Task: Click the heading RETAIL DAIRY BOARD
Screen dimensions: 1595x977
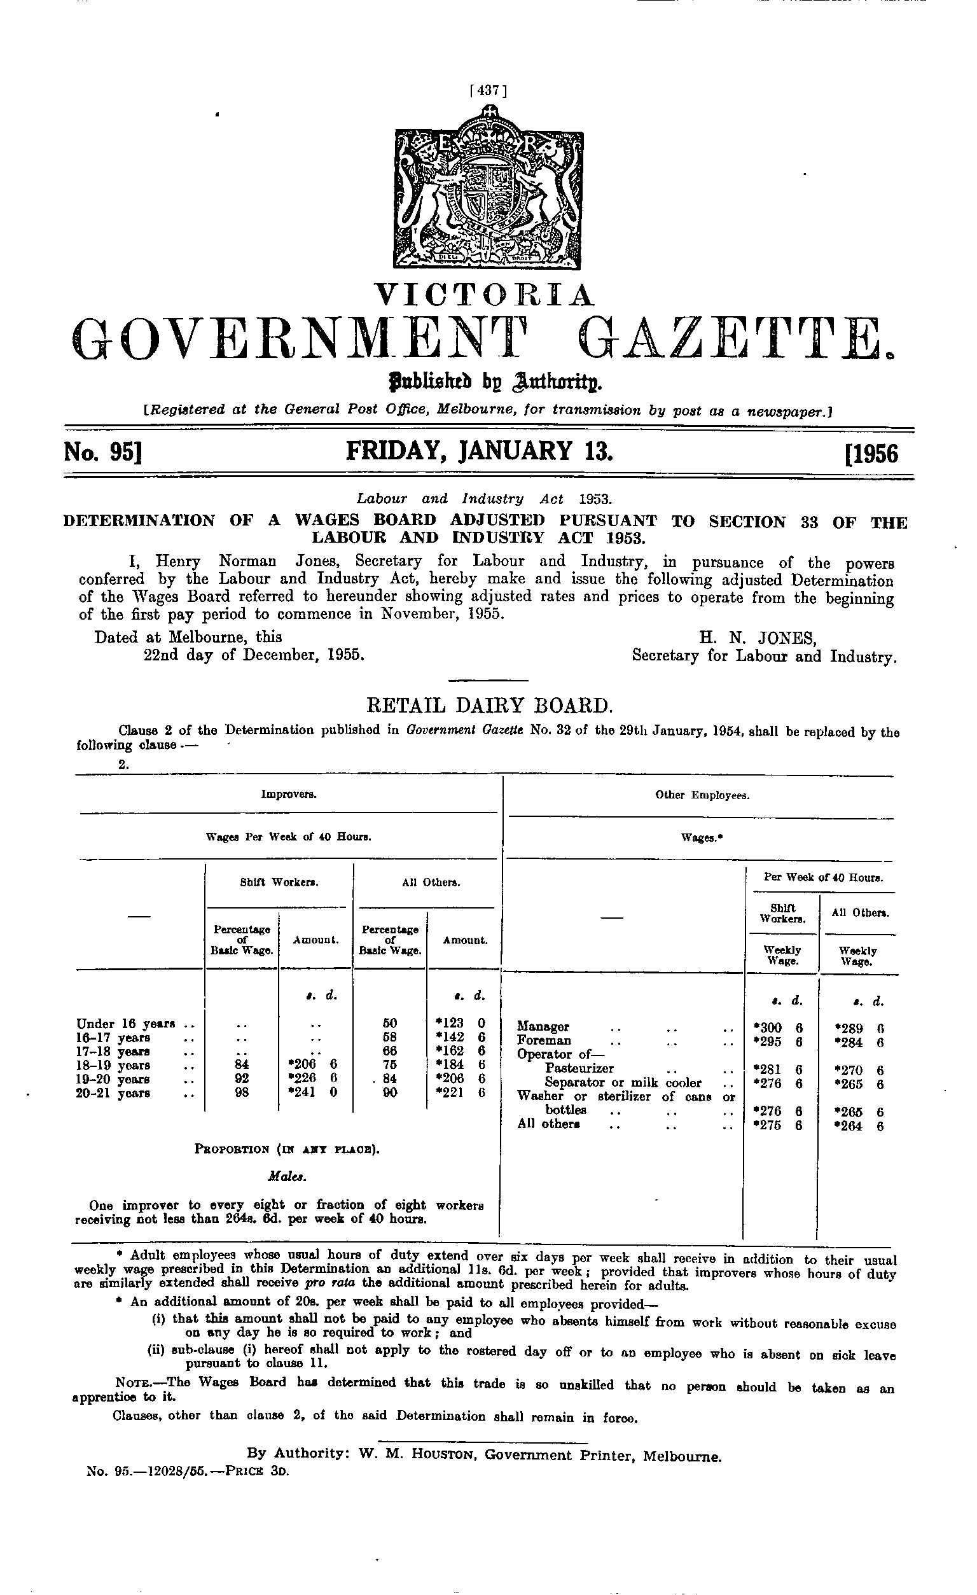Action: tap(488, 704)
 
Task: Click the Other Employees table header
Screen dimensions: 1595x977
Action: tap(702, 795)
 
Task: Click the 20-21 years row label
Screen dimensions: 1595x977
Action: tap(113, 1093)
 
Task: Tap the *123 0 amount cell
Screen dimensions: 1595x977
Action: tap(460, 1024)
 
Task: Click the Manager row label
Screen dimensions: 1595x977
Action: tap(543, 1027)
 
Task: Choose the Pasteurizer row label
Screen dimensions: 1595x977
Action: tap(579, 1068)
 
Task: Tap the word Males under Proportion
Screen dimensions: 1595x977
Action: tap(288, 1177)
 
